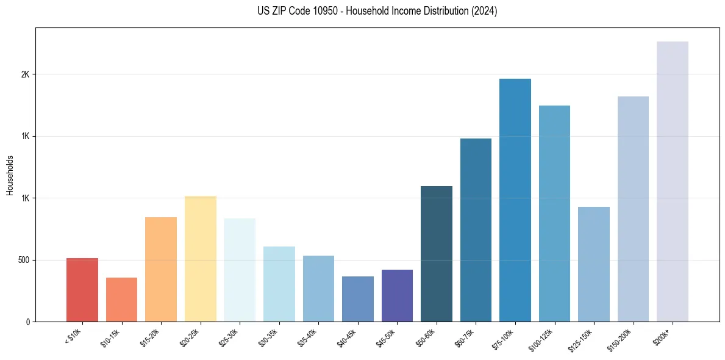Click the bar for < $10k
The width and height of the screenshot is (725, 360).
82,290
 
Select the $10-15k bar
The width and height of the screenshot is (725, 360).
121,300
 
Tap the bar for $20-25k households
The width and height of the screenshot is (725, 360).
200,259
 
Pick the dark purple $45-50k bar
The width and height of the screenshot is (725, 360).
397,296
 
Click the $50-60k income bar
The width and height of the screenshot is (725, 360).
437,254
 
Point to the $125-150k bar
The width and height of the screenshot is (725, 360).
594,264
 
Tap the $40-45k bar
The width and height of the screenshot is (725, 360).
358,299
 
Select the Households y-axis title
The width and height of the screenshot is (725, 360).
10,175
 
